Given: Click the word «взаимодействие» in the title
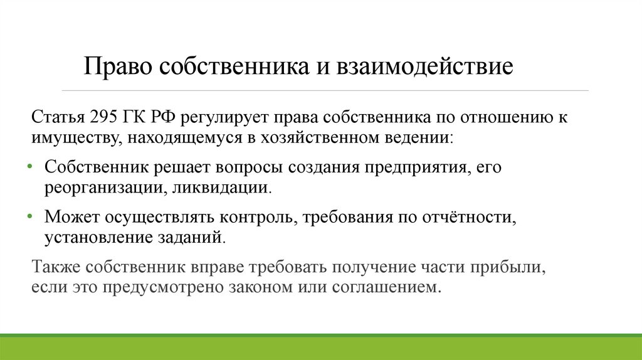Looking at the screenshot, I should coord(426,66).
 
